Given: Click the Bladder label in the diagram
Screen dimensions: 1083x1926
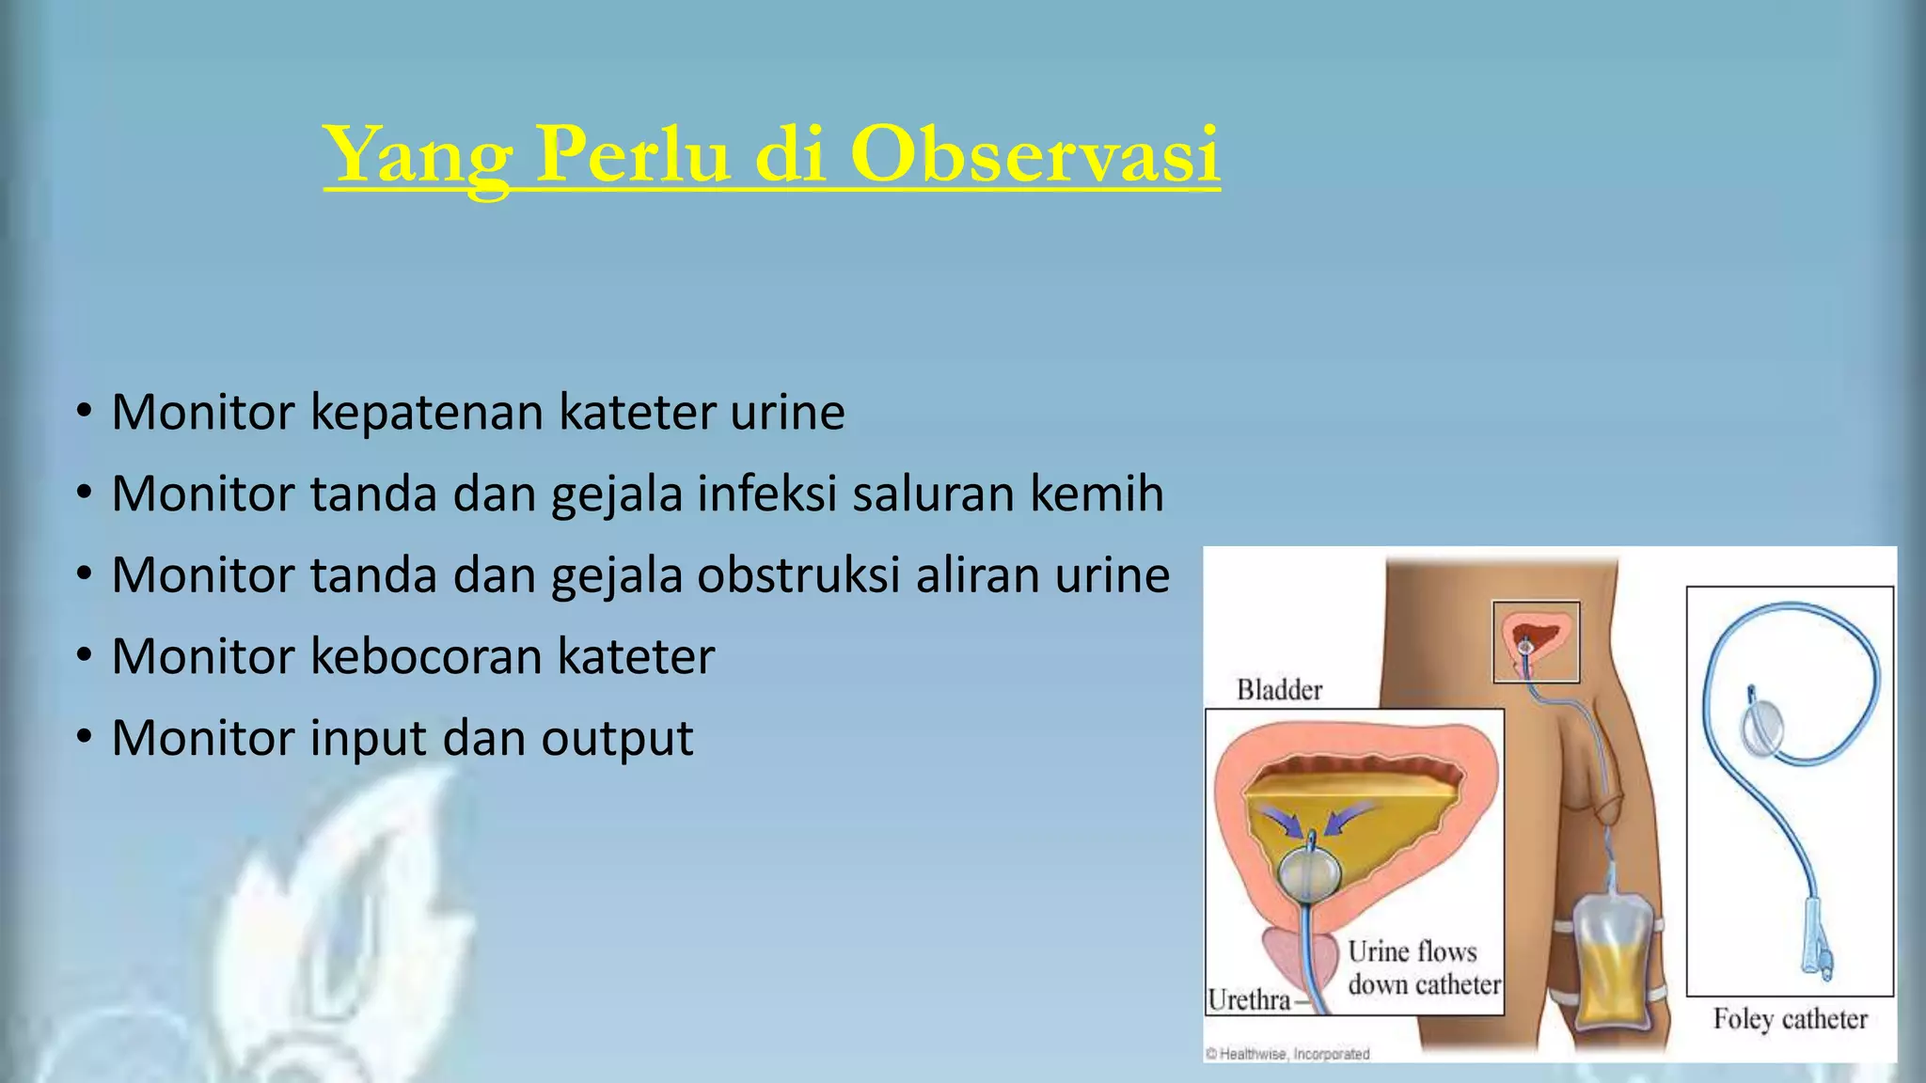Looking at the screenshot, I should click(x=1279, y=690).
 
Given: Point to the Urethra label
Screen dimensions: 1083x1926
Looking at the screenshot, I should click(x=1250, y=999).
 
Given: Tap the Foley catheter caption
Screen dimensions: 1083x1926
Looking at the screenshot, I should click(x=1790, y=1019).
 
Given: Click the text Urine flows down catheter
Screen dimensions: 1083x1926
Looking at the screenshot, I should click(x=1423, y=968).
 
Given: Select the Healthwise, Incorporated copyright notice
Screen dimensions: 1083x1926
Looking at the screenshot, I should click(x=1287, y=1054).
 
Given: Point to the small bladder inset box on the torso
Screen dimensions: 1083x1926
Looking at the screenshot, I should click(x=1536, y=642).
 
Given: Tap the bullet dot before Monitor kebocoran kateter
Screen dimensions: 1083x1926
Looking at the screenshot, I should click(x=85, y=655).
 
